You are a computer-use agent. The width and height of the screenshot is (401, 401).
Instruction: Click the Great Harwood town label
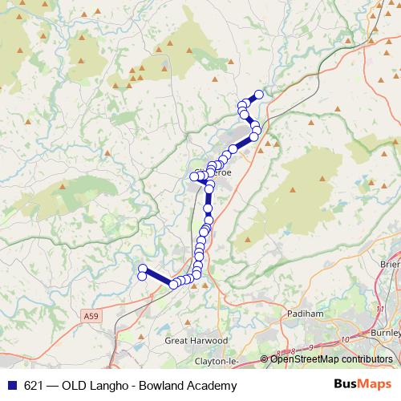(196, 340)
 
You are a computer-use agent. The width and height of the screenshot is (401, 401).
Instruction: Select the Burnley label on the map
(385, 332)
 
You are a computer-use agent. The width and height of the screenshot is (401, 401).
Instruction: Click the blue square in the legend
(11, 386)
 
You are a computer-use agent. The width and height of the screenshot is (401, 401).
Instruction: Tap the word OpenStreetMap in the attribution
(303, 359)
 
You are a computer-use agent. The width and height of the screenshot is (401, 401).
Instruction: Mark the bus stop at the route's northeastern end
(259, 94)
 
